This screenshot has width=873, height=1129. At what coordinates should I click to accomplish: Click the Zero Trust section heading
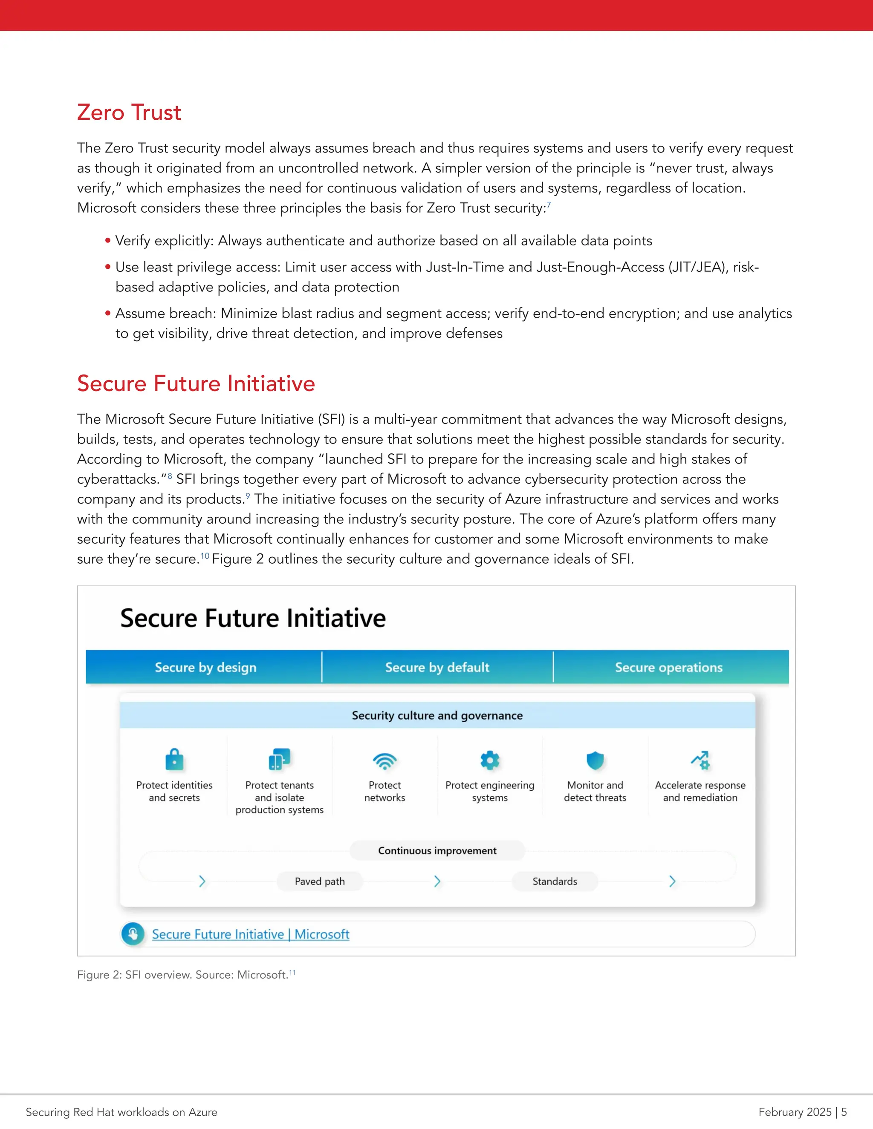pos(129,113)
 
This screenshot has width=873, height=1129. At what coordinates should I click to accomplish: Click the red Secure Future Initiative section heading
pos(196,383)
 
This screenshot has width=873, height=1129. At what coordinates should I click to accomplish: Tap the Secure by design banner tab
pos(205,667)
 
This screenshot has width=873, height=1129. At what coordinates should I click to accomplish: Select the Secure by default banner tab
pos(437,667)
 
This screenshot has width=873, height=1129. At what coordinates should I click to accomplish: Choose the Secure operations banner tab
pos(668,667)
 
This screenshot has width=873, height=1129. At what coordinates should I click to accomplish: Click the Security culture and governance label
pos(437,715)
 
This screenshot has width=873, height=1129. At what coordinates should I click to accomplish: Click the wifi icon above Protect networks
pos(385,761)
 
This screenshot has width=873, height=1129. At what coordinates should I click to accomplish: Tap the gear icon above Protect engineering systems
pos(490,760)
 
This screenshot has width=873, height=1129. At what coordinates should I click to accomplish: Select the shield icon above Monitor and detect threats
pos(595,760)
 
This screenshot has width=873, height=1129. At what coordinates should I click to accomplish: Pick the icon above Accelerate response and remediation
pos(700,760)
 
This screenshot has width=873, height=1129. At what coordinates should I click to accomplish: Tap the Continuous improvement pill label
pos(437,851)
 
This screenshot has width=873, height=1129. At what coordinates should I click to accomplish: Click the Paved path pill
pos(320,881)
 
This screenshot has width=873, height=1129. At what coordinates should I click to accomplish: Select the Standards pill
pos(555,881)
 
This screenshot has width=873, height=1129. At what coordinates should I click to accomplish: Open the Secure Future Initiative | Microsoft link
pos(250,935)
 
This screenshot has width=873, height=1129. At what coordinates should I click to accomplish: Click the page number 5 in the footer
pos(844,1112)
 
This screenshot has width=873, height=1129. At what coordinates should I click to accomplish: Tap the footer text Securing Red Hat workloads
pos(121,1112)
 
